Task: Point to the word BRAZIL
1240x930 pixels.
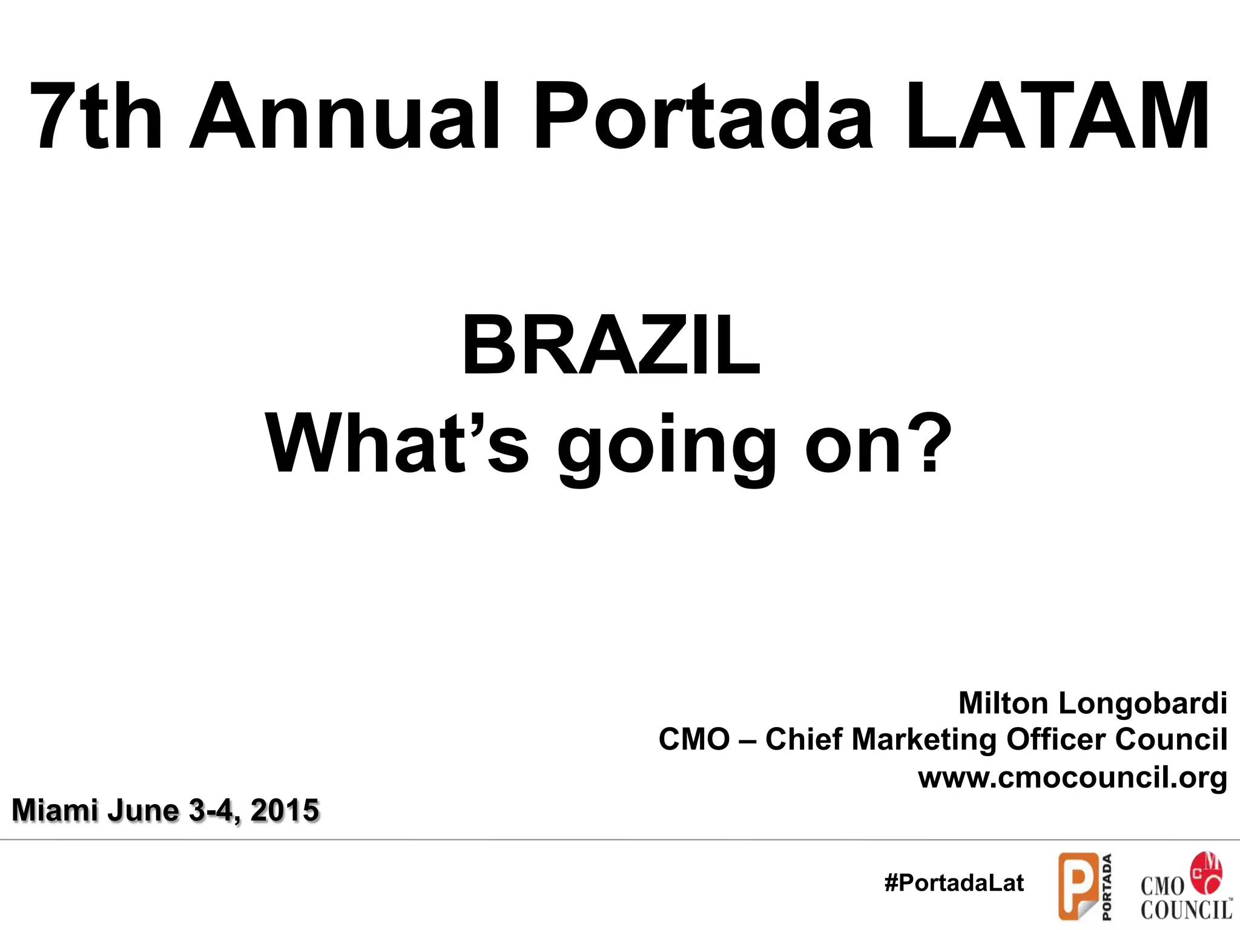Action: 610,347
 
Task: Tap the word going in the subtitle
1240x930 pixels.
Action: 667,448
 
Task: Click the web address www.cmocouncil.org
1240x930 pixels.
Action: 1072,777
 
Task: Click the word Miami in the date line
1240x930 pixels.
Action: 55,810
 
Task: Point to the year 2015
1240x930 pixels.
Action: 285,810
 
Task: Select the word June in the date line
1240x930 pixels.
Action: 143,810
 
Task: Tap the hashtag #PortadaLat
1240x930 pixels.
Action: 954,883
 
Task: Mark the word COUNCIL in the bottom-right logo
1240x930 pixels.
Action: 1186,909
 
